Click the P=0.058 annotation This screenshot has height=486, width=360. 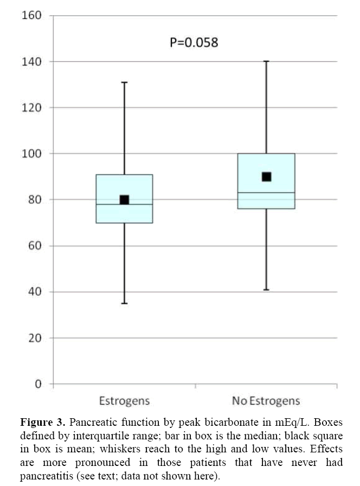pyautogui.click(x=194, y=42)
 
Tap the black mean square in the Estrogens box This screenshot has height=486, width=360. pyautogui.click(x=124, y=200)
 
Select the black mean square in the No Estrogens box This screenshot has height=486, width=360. pyautogui.click(x=266, y=177)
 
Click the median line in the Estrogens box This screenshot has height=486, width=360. pyautogui.click(x=124, y=204)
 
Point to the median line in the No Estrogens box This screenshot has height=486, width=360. pyautogui.click(x=266, y=193)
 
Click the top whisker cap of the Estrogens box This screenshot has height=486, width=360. pyautogui.click(x=124, y=82)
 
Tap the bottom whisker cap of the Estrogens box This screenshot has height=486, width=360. pyautogui.click(x=124, y=303)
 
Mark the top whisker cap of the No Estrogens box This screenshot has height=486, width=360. pyautogui.click(x=266, y=61)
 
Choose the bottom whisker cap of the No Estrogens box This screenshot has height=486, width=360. pyautogui.click(x=266, y=290)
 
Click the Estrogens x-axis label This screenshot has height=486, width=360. pyautogui.click(x=124, y=401)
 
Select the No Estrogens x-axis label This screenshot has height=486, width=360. pyautogui.click(x=266, y=401)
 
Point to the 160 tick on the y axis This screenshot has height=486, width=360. pyautogui.click(x=31, y=15)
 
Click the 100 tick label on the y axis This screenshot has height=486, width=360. pyautogui.click(x=31, y=154)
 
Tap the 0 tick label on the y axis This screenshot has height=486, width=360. pyautogui.click(x=38, y=385)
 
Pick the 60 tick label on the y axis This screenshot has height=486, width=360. pyautogui.click(x=34, y=246)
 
